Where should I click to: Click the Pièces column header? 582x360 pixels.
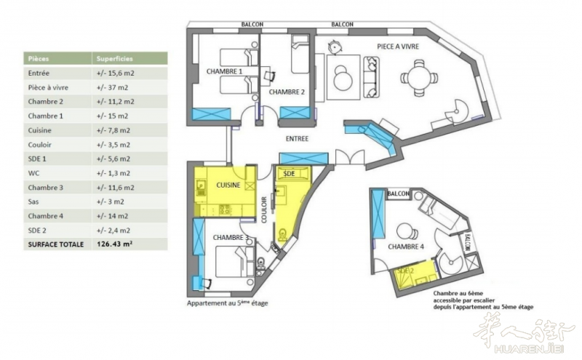pos(39,59)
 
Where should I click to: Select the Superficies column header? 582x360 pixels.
pos(115,59)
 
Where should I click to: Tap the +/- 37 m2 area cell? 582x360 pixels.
pos(113,87)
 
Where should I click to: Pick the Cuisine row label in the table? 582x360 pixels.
pos(40,130)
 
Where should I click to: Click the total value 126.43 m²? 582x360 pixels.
pos(115,244)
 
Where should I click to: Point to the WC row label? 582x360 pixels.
pos(33,173)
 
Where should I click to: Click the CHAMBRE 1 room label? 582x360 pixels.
pos(224,71)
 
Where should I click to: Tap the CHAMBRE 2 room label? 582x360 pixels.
pos(287,92)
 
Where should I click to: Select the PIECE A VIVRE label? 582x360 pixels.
pos(398,47)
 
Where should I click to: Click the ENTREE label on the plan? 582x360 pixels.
pos(297,139)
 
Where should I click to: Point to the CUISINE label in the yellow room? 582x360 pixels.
pos(228,185)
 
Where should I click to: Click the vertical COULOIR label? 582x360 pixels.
pos(264,209)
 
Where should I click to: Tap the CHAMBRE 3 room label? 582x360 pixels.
pos(231,238)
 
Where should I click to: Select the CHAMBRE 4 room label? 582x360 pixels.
pos(406,247)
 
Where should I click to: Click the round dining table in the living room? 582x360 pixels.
pos(419,78)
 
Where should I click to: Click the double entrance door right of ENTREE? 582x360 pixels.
pos(350,156)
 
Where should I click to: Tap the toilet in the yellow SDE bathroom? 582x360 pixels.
pos(283,236)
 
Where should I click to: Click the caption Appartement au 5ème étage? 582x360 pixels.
pos(227,303)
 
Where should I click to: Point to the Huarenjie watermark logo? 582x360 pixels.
pos(523,333)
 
